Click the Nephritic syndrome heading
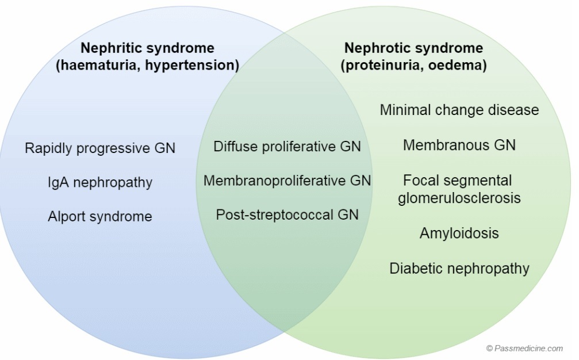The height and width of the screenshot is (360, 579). tap(147, 48)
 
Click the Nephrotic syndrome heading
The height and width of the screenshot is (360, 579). tap(413, 48)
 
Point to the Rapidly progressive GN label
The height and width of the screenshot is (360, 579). tap(100, 148)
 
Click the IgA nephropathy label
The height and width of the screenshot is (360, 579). tap(100, 183)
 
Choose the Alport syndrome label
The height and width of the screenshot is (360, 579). tap(100, 217)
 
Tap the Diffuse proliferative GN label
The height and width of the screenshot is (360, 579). tap(287, 147)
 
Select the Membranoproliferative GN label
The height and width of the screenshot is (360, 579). tap(287, 181)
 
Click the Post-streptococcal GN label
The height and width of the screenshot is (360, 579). tap(287, 215)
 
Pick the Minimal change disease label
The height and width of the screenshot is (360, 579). tap(459, 110)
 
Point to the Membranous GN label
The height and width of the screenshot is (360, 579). tap(459, 145)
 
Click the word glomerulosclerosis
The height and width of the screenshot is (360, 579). tap(459, 198)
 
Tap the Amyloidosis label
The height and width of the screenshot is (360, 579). tap(459, 233)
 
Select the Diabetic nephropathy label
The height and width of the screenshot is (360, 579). tap(459, 268)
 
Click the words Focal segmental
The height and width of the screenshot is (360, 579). tap(458, 181)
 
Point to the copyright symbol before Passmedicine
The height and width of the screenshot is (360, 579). tap(489, 348)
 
